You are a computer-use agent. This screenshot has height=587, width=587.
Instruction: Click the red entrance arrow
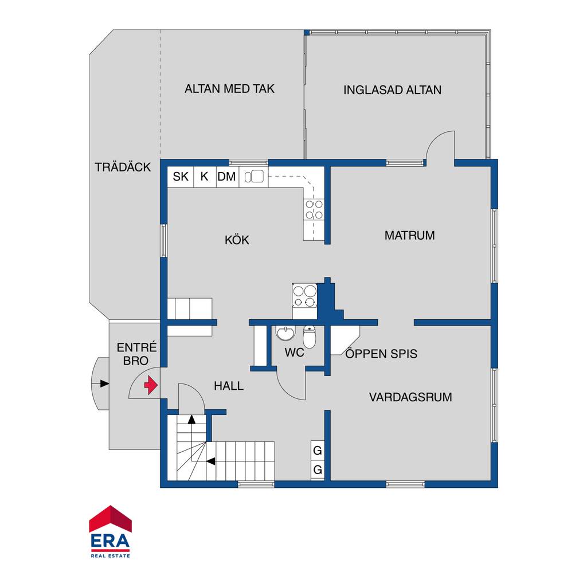point(151,385)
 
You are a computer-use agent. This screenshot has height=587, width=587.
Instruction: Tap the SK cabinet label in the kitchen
point(181,177)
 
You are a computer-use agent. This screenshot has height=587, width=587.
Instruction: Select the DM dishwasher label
point(226,177)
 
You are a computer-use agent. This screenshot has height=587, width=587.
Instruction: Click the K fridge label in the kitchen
point(204,177)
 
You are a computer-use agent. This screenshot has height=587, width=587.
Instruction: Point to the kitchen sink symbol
point(254,177)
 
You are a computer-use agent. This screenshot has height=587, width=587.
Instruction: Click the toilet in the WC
point(309,337)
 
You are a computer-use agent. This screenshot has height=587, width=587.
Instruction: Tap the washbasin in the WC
point(285,333)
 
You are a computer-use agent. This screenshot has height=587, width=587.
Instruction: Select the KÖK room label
point(237,240)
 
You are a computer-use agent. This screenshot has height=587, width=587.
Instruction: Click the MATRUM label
point(409,236)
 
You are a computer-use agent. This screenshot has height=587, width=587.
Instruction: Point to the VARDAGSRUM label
point(410,397)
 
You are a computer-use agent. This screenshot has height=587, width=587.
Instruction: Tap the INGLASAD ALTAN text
point(392,90)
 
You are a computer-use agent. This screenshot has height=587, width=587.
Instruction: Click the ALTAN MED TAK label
point(229,89)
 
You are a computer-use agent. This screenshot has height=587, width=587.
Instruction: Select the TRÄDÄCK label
point(123,167)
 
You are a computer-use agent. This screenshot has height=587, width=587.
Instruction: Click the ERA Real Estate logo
point(111,531)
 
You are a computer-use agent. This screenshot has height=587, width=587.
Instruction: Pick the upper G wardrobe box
point(318,451)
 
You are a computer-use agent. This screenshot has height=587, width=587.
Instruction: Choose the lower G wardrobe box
point(318,469)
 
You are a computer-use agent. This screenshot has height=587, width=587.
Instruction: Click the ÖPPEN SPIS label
point(381,354)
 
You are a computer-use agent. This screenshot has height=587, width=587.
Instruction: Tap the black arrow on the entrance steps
point(104,383)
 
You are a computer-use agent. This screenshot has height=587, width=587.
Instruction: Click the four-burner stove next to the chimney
point(305,295)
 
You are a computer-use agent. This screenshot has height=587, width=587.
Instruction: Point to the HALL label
point(229,386)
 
